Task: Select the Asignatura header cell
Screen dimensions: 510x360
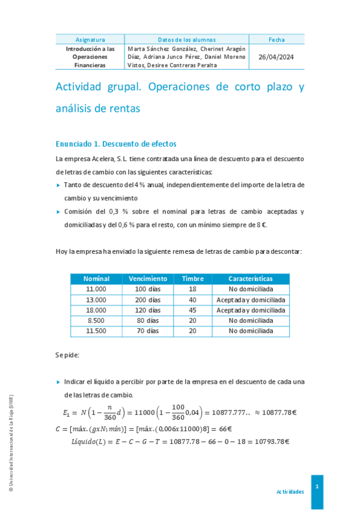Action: [x=90, y=40]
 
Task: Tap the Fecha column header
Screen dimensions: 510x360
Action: [x=276, y=40]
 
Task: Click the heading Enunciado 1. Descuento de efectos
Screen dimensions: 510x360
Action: [x=115, y=144]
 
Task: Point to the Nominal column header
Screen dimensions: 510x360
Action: [x=96, y=279]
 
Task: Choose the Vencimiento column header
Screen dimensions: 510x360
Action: [x=148, y=279]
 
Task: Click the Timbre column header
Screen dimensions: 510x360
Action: [x=192, y=279]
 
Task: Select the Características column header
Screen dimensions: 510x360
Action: [x=251, y=279]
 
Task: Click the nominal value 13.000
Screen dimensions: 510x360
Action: [x=96, y=300]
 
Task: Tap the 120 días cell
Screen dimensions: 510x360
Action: [x=148, y=310]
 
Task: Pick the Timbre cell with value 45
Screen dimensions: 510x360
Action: [x=192, y=310]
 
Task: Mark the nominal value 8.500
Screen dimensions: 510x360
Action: [x=96, y=321]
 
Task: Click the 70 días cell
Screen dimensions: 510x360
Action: [x=148, y=331]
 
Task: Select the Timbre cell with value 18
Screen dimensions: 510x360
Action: [x=192, y=289]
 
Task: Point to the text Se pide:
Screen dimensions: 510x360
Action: [x=67, y=355]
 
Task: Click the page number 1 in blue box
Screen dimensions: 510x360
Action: [x=317, y=485]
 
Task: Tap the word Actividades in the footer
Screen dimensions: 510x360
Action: [x=290, y=491]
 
